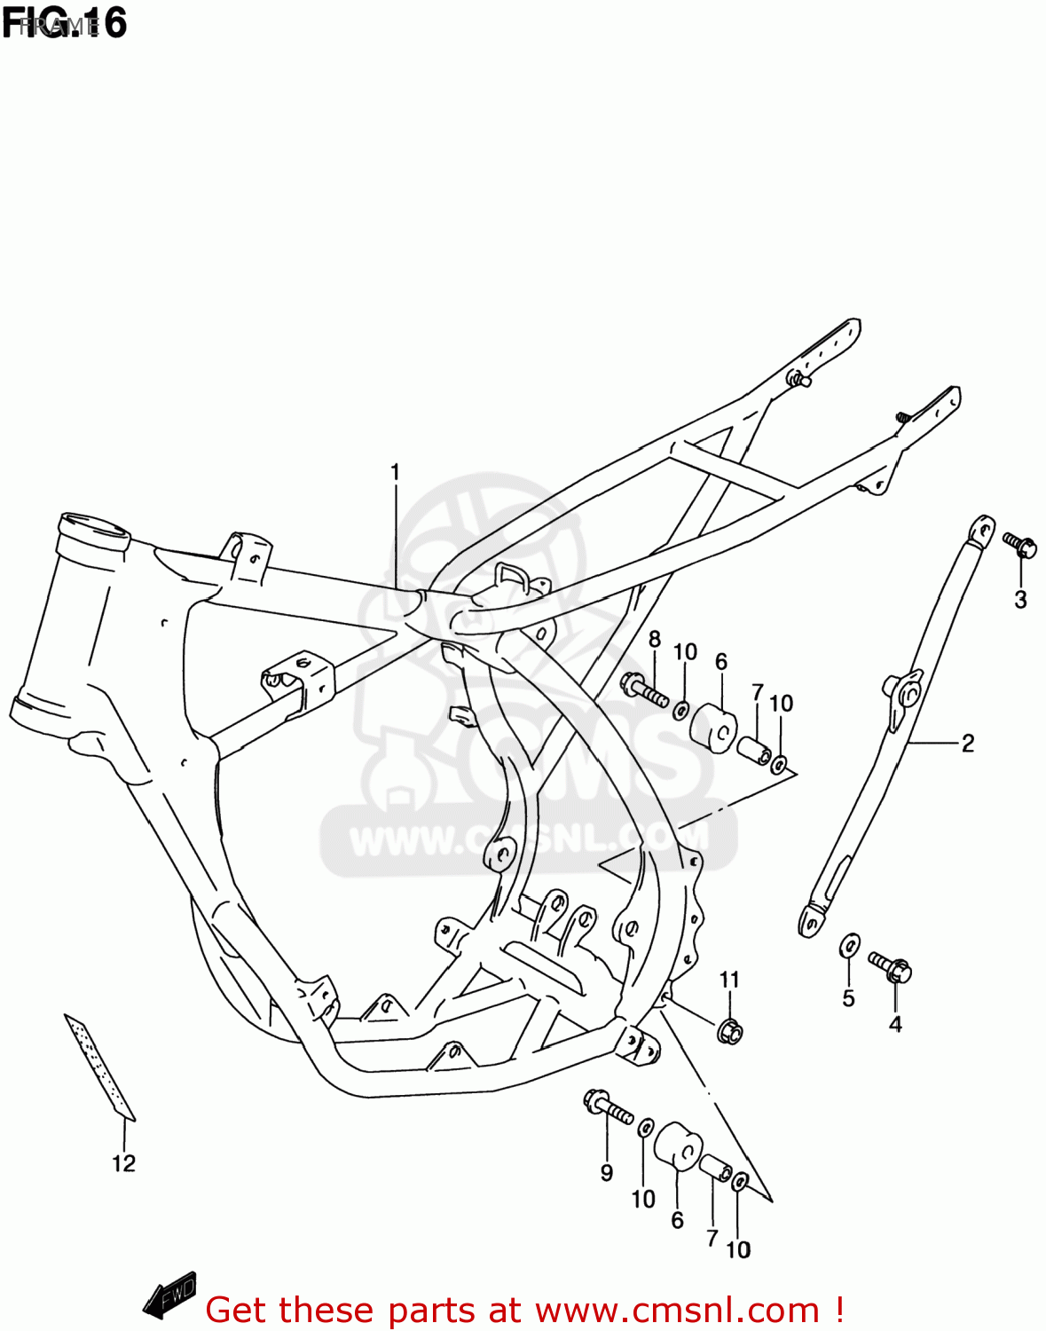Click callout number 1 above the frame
[x=395, y=472]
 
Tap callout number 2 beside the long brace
[x=968, y=743]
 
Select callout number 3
[x=1020, y=600]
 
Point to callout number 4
[x=895, y=1024]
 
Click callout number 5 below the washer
[x=848, y=998]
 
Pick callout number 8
[x=655, y=640]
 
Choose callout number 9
[x=607, y=1172]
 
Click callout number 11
[x=729, y=980]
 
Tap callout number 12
[x=123, y=1163]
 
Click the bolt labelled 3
[x=1020, y=544]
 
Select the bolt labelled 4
[x=891, y=966]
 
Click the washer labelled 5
[x=849, y=946]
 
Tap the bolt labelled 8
[x=644, y=690]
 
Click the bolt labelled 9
[x=608, y=1107]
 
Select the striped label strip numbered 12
[x=99, y=1065]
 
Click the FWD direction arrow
[x=169, y=1296]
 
